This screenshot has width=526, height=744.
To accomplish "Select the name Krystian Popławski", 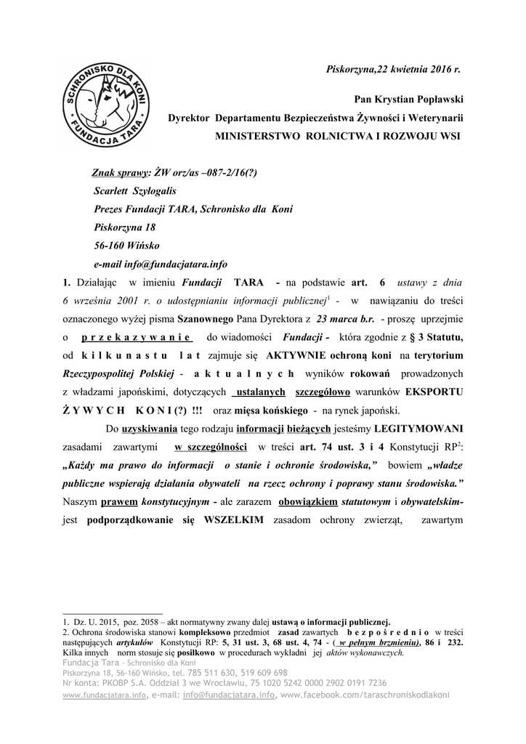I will [420, 98].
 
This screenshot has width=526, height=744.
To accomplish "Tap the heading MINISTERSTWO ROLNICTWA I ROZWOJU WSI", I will [338, 136].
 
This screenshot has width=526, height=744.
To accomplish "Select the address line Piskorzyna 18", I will [125, 227].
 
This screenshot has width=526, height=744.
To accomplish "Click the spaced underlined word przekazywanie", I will [136, 337].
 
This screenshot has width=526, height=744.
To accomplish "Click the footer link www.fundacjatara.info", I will [104, 695].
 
